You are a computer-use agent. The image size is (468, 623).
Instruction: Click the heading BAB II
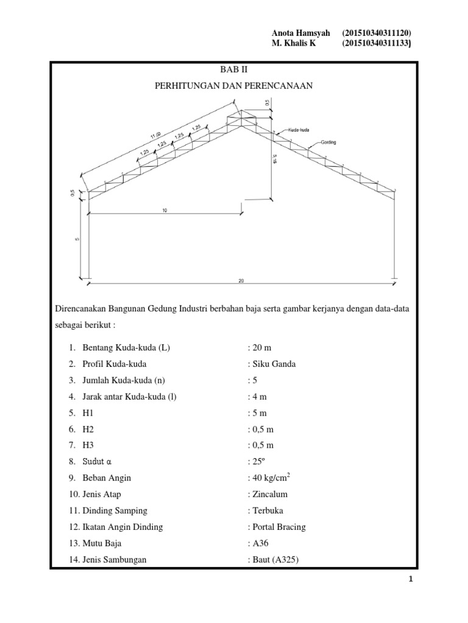click(x=233, y=70)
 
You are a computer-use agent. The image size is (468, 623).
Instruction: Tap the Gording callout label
click(x=326, y=143)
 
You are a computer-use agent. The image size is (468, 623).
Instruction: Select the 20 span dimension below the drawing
click(x=242, y=281)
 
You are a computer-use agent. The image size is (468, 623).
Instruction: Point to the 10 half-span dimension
click(x=165, y=209)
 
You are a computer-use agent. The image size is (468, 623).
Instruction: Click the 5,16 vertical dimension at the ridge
click(x=274, y=159)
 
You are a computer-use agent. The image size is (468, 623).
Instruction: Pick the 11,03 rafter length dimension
click(x=155, y=134)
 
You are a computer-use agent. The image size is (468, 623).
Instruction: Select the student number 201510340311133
click(x=377, y=43)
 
